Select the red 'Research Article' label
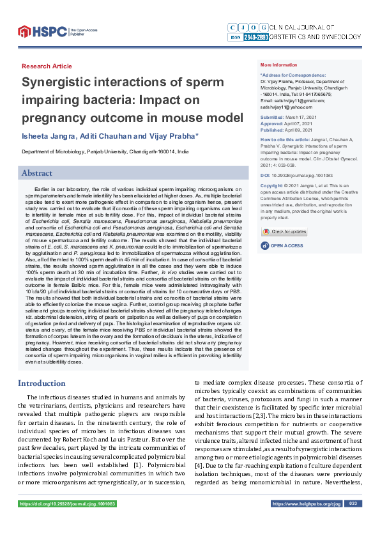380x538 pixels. click(47, 66)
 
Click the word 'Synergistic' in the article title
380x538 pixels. click(66, 83)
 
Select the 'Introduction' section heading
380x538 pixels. click(42, 383)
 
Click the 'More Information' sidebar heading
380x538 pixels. click(279, 65)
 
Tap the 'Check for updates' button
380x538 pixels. click(284, 231)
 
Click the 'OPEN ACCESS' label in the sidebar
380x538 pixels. click(286, 246)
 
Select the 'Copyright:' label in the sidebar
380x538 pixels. click(273, 185)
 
